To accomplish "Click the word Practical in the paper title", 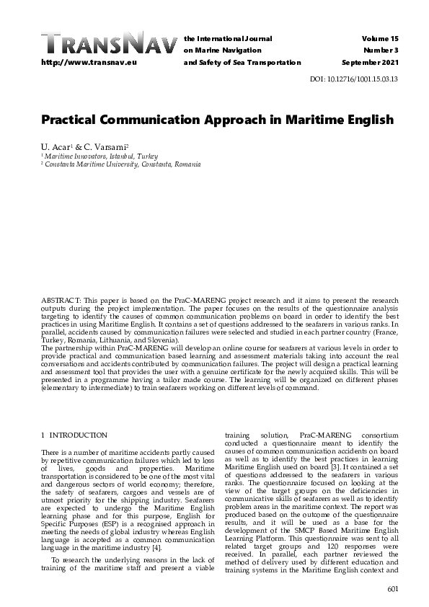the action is (x=76, y=119).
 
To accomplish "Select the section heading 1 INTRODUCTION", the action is (x=74, y=435).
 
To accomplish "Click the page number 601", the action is (x=392, y=590).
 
